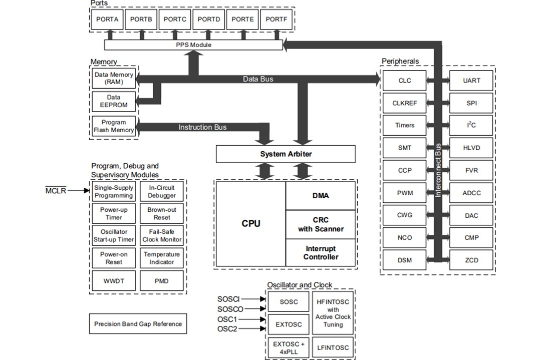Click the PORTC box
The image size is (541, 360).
(x=175, y=19)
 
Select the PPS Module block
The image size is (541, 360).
(x=193, y=45)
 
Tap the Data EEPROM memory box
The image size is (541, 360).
(x=114, y=102)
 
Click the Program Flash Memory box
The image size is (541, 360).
(x=114, y=126)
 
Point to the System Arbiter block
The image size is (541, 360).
(x=286, y=154)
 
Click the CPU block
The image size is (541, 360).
(x=250, y=224)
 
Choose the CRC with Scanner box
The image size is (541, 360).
(x=321, y=224)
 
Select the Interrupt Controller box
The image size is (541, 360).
(x=321, y=253)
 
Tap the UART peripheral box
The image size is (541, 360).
(x=471, y=81)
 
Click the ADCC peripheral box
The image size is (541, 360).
(x=471, y=193)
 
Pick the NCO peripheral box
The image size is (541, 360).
(x=404, y=237)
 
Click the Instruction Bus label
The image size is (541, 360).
(x=202, y=127)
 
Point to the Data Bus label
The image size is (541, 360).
(x=258, y=79)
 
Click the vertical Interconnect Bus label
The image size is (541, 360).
(x=438, y=170)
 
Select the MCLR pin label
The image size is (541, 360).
(x=56, y=191)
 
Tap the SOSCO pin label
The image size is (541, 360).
(x=230, y=309)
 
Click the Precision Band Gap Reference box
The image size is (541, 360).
(x=138, y=324)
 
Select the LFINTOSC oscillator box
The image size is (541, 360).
(x=333, y=347)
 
